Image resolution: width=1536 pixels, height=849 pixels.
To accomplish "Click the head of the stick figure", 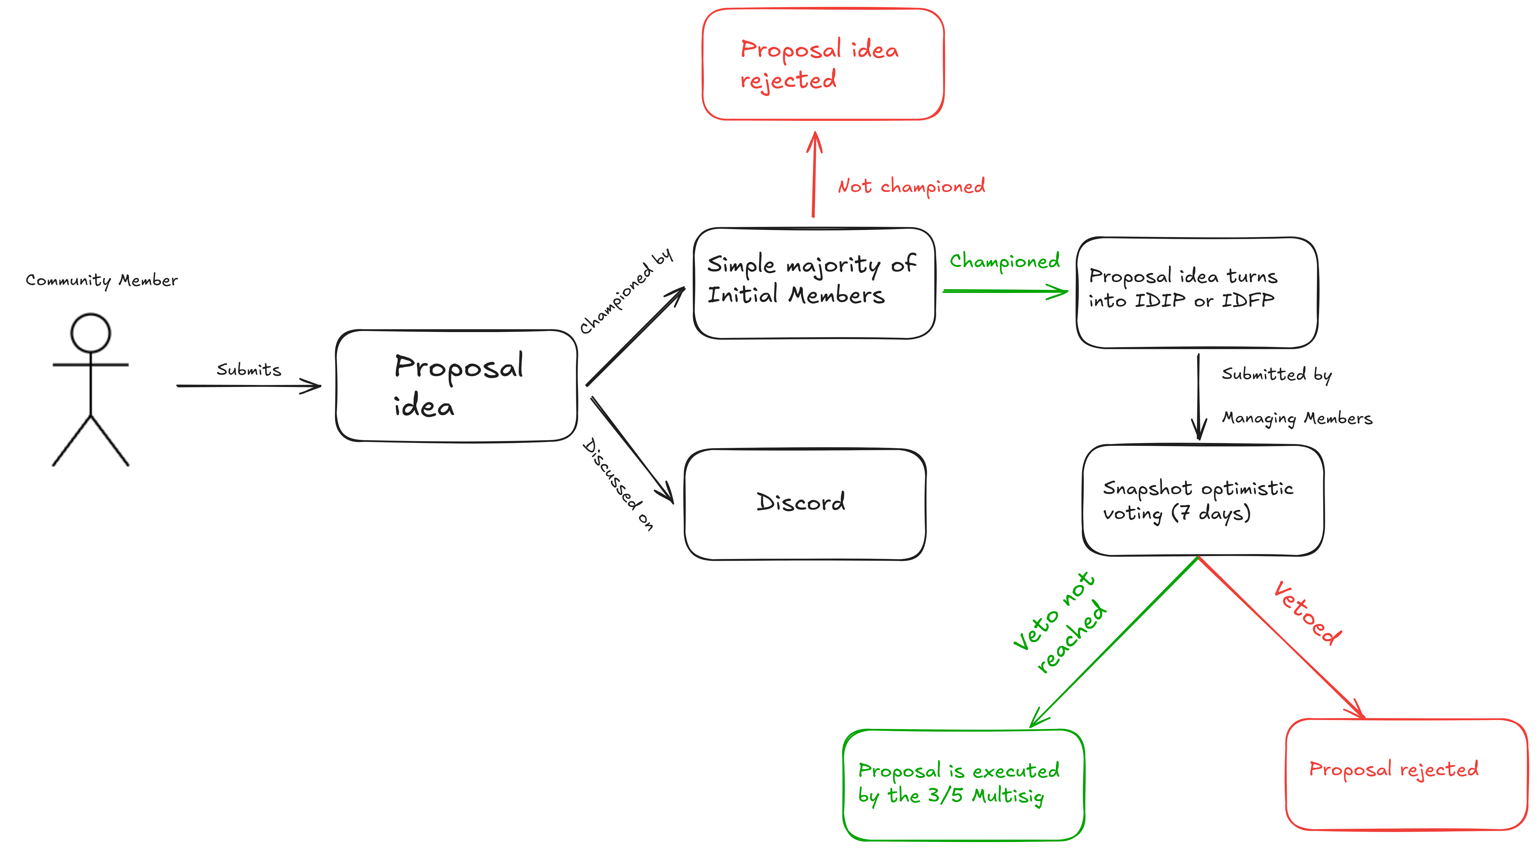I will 91,333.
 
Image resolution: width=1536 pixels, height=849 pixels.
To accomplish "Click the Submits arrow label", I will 249,370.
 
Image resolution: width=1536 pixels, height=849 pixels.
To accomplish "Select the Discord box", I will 805,504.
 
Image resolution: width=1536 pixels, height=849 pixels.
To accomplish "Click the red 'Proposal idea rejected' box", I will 823,64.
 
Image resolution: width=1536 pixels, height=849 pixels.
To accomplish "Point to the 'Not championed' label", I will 911,186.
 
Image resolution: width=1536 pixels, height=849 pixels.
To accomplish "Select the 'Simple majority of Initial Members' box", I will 814,283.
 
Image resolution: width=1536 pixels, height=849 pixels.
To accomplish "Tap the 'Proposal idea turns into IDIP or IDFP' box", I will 1197,292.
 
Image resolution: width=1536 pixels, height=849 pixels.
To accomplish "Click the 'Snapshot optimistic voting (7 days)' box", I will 1203,500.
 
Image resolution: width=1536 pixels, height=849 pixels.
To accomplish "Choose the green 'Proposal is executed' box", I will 963,785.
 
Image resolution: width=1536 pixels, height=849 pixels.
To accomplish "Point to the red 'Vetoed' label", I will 1307,613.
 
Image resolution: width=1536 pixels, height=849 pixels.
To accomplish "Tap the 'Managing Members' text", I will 1297,418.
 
